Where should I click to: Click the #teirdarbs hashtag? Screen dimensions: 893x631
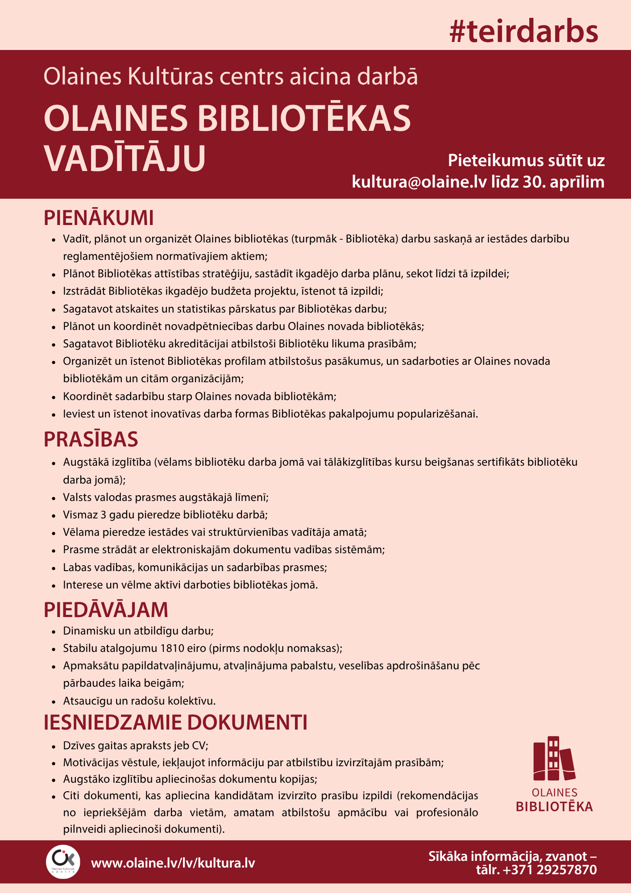point(524,32)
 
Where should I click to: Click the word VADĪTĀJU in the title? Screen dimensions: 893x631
point(125,158)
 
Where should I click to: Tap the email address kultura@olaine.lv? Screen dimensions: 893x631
point(419,182)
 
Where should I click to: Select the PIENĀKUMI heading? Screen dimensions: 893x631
point(99,218)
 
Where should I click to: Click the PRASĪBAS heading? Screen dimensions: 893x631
point(91,439)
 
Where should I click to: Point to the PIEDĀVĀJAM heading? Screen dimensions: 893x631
point(106,609)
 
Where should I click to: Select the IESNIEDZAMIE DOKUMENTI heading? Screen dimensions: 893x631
point(175,722)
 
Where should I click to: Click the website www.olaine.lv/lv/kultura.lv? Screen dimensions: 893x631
point(173,863)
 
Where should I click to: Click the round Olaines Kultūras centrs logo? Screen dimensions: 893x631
point(63,862)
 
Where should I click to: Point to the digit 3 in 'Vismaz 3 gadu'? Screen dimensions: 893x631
point(104,515)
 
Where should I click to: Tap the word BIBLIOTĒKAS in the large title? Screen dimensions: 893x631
point(303,118)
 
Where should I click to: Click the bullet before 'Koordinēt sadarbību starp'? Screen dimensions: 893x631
point(54,397)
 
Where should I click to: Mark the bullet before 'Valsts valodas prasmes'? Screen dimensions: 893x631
point(54,498)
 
